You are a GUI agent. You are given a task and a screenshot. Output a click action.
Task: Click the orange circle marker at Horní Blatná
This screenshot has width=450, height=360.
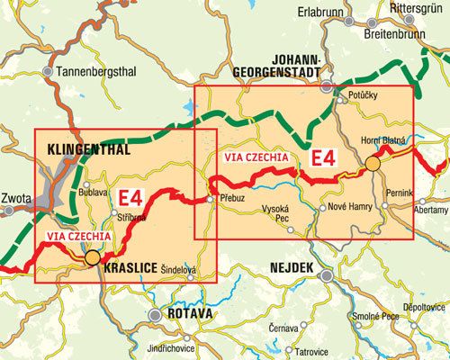tap(372, 164)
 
